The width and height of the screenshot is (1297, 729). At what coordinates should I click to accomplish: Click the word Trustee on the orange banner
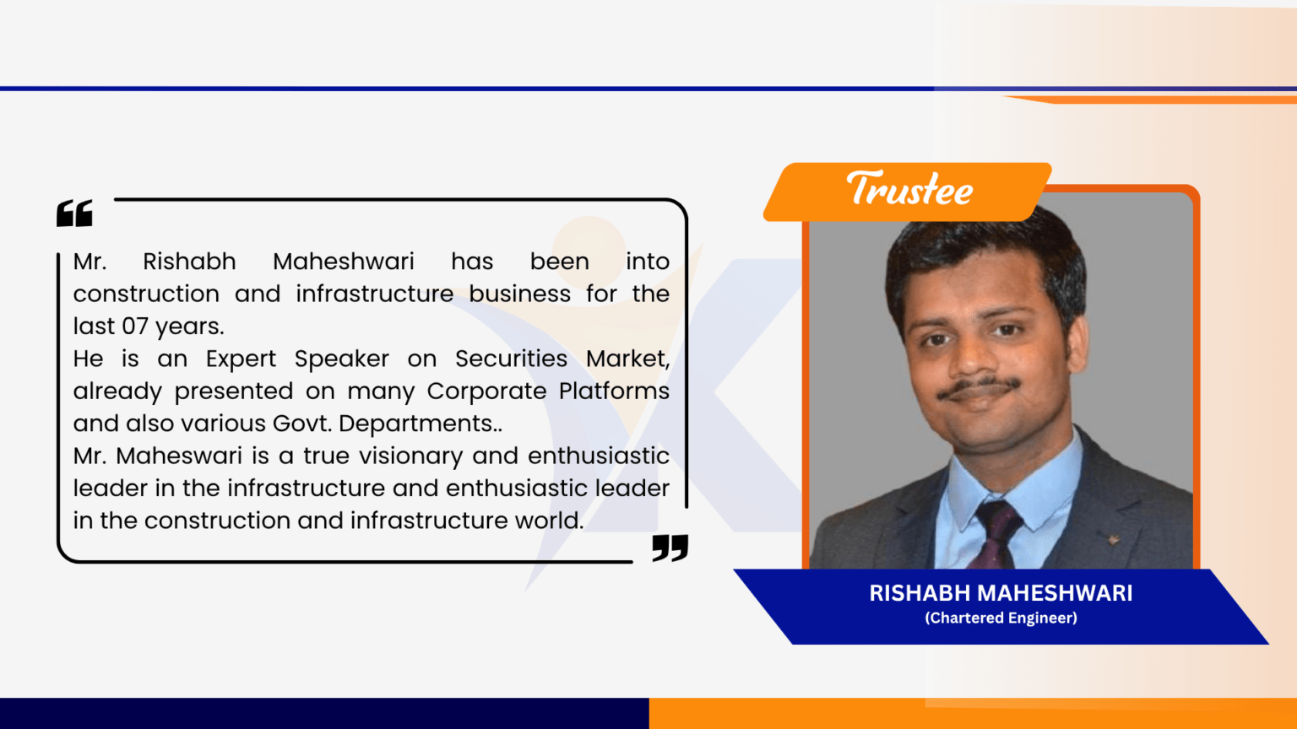(x=909, y=189)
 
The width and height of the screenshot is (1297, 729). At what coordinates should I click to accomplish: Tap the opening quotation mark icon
(x=74, y=213)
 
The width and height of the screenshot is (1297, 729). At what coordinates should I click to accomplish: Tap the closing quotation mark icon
(x=670, y=548)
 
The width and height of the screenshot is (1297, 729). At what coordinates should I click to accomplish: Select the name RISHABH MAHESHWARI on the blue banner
(x=1001, y=593)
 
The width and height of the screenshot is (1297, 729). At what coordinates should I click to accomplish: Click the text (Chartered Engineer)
(x=1001, y=618)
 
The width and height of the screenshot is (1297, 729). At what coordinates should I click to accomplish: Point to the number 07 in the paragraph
(x=135, y=327)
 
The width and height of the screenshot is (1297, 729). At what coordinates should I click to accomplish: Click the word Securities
(x=511, y=359)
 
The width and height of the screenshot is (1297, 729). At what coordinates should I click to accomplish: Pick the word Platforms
(x=614, y=391)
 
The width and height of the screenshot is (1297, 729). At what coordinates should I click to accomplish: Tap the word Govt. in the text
(x=302, y=424)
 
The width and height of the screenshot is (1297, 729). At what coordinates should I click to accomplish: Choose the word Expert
(x=241, y=359)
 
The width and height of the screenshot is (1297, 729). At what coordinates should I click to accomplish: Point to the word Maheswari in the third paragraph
(x=179, y=456)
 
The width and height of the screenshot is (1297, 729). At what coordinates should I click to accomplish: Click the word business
(x=519, y=294)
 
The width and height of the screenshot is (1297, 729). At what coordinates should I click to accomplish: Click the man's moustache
(x=979, y=386)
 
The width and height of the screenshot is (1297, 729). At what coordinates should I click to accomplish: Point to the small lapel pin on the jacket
(x=1113, y=540)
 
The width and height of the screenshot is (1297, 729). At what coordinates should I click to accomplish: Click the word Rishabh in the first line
(x=189, y=262)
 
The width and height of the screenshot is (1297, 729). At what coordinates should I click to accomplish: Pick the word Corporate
(x=486, y=391)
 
